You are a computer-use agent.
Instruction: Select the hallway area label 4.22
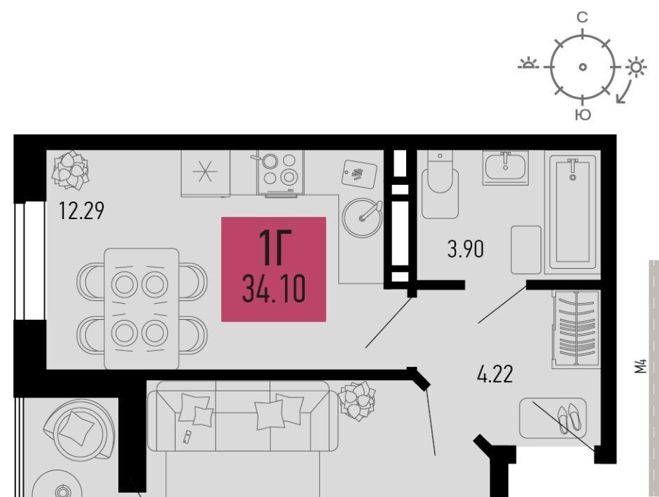[495, 374]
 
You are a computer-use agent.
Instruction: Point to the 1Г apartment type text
[274, 248]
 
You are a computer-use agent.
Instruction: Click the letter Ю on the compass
[583, 115]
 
